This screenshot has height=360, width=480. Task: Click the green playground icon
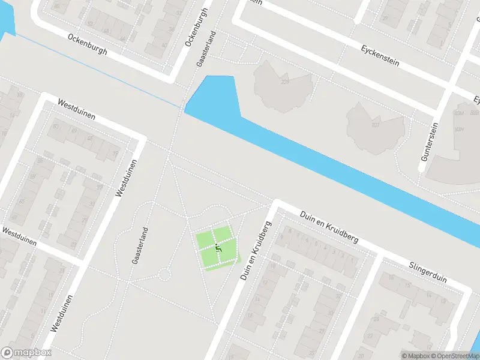point(218,247)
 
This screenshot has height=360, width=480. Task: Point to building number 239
point(284,82)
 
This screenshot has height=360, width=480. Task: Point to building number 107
point(376,125)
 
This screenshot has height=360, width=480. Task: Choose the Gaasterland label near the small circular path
point(139,246)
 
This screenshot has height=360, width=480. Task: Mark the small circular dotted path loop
point(163,275)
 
